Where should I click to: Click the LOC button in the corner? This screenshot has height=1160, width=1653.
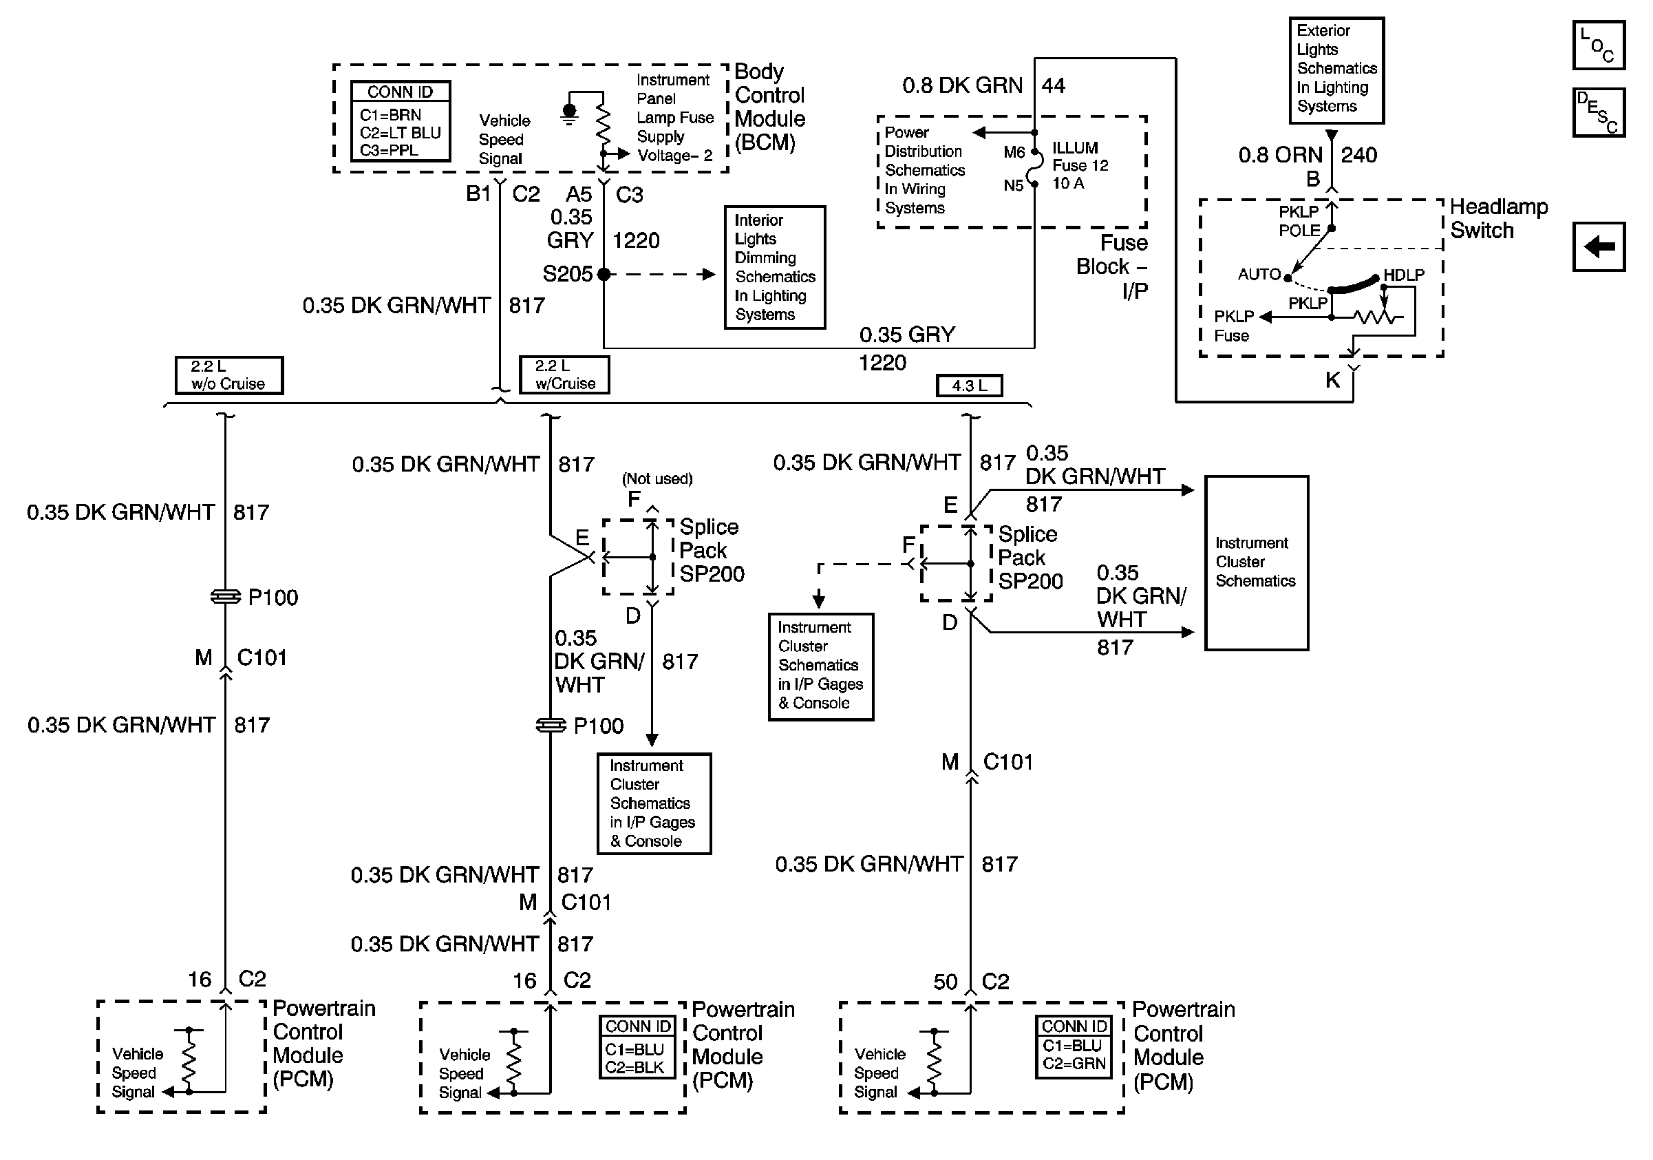click(x=1597, y=45)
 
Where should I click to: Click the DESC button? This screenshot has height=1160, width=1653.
click(x=1597, y=112)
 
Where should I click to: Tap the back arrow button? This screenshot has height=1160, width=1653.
click(x=1598, y=247)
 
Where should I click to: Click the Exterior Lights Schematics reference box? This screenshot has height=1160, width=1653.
click(x=1336, y=70)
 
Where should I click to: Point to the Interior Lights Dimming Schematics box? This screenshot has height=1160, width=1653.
click(x=774, y=267)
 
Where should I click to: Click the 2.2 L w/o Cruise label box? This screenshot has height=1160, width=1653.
click(x=229, y=375)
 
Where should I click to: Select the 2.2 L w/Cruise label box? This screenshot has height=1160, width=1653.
click(x=564, y=375)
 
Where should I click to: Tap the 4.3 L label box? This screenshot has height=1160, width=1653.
click(x=968, y=386)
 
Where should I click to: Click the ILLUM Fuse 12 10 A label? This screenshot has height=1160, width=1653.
click(x=1079, y=166)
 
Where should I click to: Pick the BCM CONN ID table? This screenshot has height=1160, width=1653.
click(x=401, y=121)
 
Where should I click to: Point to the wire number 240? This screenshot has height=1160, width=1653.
click(x=1358, y=155)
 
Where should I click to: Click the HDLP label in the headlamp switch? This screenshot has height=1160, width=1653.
click(x=1403, y=275)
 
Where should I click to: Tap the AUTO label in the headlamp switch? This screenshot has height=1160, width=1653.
click(x=1259, y=275)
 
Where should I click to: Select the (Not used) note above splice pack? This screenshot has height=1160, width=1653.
click(x=657, y=479)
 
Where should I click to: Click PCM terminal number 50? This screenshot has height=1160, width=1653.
click(x=945, y=982)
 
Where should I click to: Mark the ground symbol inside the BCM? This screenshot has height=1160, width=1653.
click(x=570, y=113)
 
